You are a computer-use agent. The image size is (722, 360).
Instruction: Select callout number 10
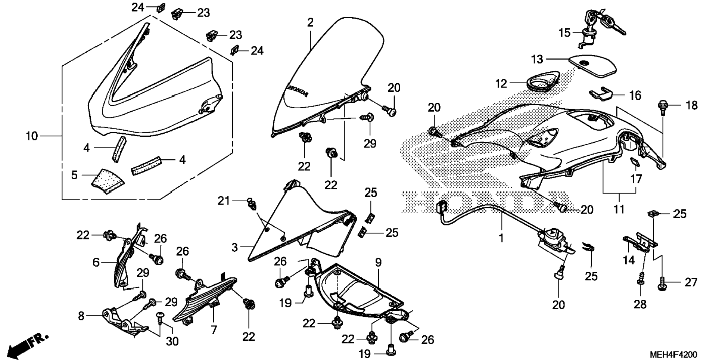32,136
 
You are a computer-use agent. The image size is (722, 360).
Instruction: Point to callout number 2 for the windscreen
310,23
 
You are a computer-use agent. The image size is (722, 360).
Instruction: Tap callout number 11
619,209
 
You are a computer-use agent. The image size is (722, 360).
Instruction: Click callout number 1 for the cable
501,238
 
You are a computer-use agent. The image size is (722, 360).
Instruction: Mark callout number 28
640,304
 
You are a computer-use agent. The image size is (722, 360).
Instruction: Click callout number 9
379,262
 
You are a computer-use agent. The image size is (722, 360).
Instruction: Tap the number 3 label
234,247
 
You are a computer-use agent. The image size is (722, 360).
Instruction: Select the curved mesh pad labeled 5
108,181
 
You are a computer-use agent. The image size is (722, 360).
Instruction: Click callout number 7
214,330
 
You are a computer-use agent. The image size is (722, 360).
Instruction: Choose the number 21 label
224,201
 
